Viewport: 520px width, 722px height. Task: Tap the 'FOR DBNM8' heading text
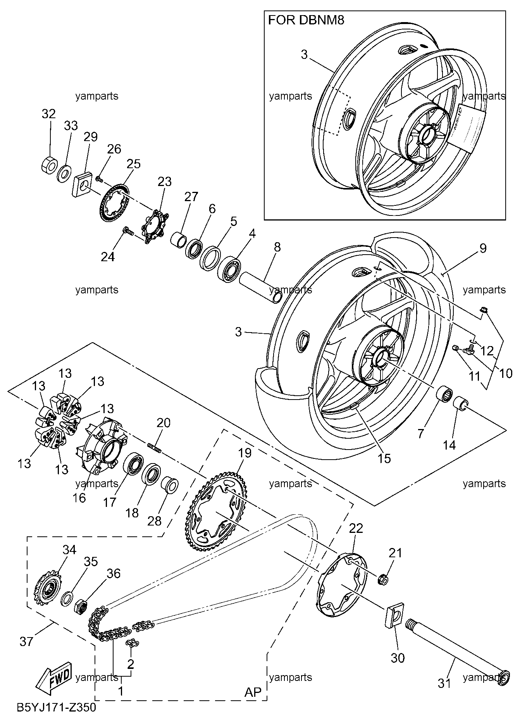coord(306,20)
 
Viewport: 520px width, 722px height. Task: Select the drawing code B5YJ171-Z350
coord(56,707)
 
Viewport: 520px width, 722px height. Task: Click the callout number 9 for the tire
coord(483,248)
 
